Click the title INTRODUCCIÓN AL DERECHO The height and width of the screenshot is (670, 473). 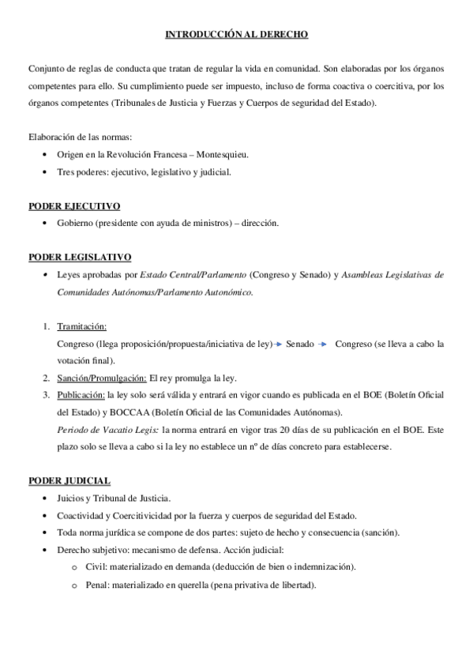click(236, 35)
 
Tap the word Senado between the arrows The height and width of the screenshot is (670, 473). click(300, 344)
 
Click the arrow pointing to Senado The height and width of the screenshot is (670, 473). click(279, 344)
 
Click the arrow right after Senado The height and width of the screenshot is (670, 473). click(321, 344)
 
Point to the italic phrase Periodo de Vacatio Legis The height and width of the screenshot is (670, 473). click(107, 430)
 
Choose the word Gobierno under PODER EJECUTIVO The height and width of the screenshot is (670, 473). click(77, 224)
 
